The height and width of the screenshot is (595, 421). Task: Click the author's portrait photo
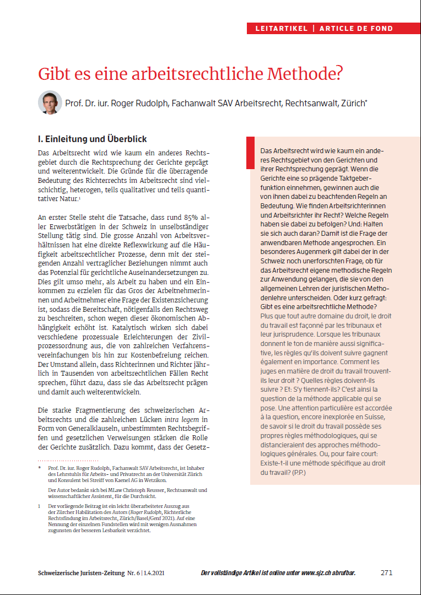[x=50, y=102]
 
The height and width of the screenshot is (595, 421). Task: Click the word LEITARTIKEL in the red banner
[x=282, y=28]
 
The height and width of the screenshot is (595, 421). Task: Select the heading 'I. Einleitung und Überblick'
[x=91, y=139]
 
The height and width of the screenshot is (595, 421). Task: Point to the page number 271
[x=386, y=572]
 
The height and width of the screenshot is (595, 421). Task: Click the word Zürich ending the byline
[x=352, y=103]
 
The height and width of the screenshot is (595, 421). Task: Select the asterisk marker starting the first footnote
[x=40, y=467]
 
